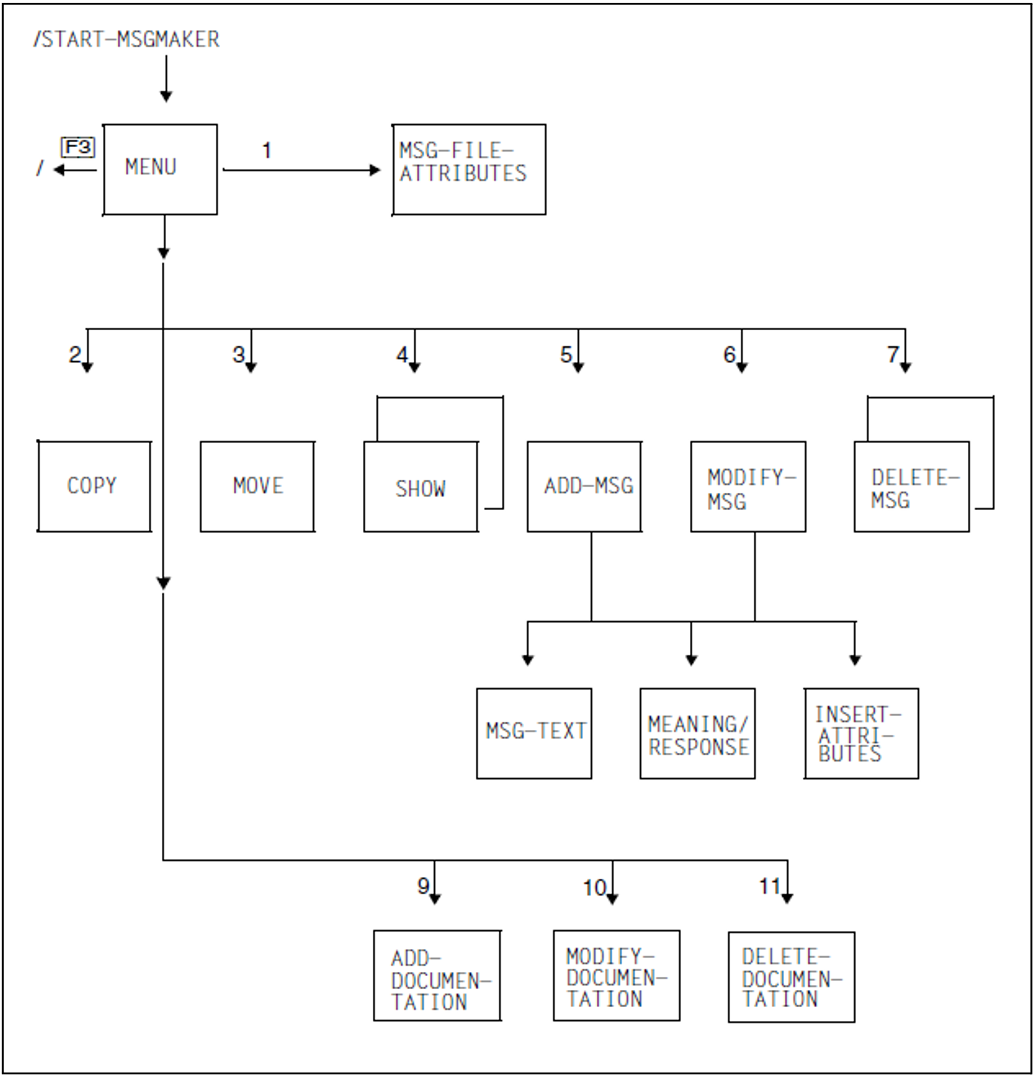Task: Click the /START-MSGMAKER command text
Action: tap(127, 40)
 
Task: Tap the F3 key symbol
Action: tap(77, 147)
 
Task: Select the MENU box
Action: tap(160, 169)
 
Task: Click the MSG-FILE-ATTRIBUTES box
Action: tap(469, 169)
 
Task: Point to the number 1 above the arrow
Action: tap(267, 150)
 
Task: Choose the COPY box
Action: tap(94, 486)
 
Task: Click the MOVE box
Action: tap(257, 486)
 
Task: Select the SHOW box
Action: tap(421, 487)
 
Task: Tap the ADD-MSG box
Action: tap(584, 486)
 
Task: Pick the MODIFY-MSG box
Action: tap(748, 486)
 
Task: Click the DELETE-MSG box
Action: tap(911, 486)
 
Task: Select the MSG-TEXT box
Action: tap(534, 733)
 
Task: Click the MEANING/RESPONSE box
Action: tap(698, 733)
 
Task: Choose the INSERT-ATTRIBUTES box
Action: tap(861, 733)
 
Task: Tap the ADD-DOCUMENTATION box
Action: tap(437, 975)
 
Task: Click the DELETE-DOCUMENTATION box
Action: tap(791, 977)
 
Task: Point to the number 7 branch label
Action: tap(893, 354)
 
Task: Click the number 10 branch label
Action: tap(595, 887)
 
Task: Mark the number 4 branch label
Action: tap(402, 354)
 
